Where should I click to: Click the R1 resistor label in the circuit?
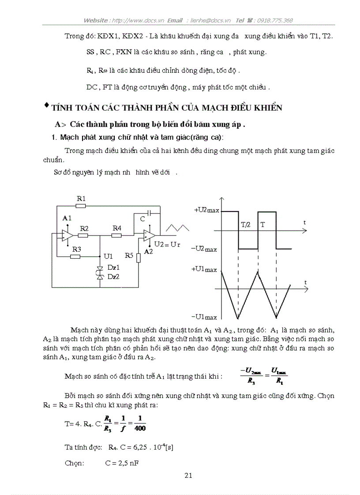81,199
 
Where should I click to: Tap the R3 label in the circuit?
76,249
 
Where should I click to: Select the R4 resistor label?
116,228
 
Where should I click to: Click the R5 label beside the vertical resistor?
129,255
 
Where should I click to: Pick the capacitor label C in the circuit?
142,218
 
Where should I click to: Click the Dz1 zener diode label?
114,268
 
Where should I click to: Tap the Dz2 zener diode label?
114,276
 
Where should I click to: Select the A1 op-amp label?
67,218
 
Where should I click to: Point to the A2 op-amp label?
148,251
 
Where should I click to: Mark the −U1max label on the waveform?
204,316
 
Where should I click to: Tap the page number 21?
188,475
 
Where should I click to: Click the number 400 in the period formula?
141,428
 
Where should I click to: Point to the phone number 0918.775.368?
275,20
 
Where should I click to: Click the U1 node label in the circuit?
108,256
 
